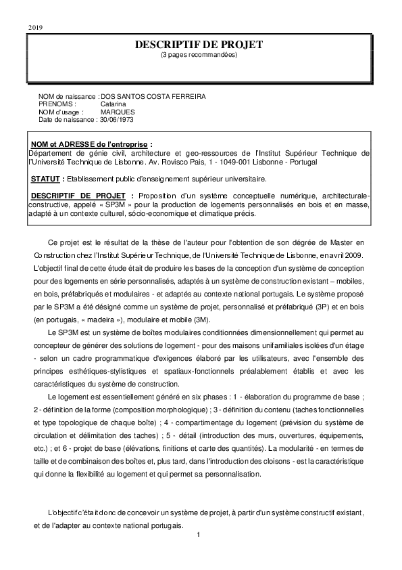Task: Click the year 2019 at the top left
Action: [x=34, y=26]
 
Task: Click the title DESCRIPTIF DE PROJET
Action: [x=199, y=45]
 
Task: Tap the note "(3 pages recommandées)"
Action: [x=199, y=55]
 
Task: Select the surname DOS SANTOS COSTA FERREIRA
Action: [x=153, y=97]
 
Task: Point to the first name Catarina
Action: [x=114, y=104]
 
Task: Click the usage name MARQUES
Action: [x=118, y=112]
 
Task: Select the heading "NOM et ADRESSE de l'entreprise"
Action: [x=92, y=144]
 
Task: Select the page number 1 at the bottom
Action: [x=199, y=535]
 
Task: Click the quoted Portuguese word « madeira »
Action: [x=104, y=317]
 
